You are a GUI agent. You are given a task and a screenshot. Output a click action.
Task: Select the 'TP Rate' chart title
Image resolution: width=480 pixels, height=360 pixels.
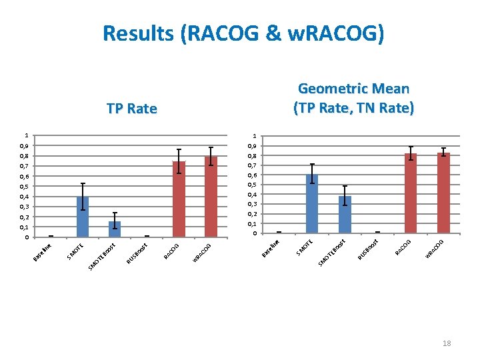click(x=132, y=109)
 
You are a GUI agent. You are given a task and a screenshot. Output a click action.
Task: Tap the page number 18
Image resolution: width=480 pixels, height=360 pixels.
click(x=447, y=343)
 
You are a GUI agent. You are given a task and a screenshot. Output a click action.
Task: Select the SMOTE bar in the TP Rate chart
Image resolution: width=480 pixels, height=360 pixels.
click(x=83, y=217)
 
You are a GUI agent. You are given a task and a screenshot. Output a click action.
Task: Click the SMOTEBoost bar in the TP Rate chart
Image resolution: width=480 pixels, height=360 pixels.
click(x=115, y=229)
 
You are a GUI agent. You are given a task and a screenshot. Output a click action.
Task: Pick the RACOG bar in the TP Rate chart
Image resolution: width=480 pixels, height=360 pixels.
click(x=179, y=199)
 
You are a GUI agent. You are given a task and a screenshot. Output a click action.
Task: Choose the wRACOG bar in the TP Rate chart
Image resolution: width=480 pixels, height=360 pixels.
click(x=211, y=197)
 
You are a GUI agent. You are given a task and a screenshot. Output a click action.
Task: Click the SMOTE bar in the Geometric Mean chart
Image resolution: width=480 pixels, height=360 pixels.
click(x=312, y=203)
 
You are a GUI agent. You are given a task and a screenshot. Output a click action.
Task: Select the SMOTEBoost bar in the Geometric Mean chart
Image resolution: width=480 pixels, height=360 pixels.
click(x=344, y=215)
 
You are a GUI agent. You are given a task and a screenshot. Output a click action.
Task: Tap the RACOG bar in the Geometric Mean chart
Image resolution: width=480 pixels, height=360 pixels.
click(x=411, y=193)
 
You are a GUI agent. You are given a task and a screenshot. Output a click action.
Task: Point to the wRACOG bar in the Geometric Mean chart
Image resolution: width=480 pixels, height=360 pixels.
click(x=443, y=193)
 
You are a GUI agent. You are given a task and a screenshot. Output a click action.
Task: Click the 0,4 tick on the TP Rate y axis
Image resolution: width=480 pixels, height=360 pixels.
click(x=24, y=197)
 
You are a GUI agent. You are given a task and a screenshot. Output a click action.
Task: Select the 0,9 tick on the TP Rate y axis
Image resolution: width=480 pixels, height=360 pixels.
click(x=24, y=145)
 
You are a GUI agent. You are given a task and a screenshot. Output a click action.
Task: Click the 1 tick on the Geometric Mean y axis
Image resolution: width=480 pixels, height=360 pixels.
click(x=253, y=136)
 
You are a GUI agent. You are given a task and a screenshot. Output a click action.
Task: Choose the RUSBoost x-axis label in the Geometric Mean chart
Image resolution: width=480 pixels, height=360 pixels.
click(x=368, y=249)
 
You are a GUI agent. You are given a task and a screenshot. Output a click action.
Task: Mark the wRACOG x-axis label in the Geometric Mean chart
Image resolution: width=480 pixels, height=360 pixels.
click(x=435, y=249)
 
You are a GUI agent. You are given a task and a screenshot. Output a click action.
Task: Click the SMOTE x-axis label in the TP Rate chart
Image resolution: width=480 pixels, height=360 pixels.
click(x=75, y=251)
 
